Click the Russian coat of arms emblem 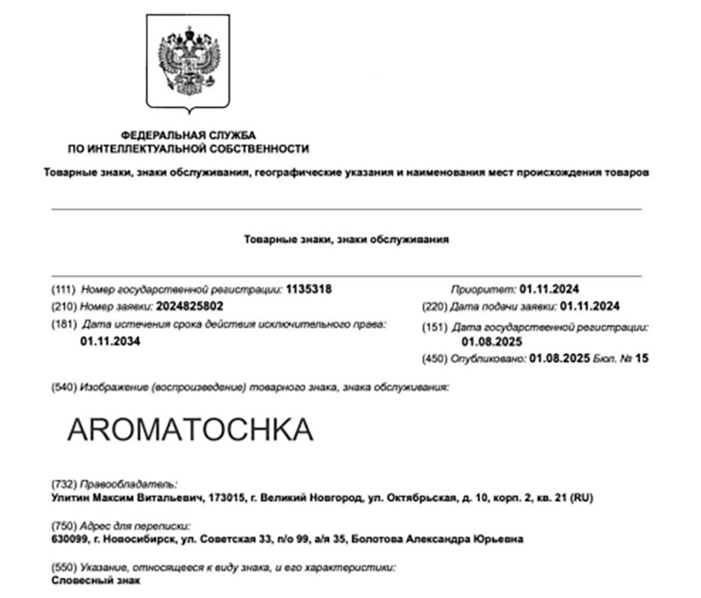(x=188, y=63)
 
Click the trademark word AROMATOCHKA (x=189, y=429)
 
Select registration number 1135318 (x=309, y=288)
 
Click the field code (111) (x=65, y=288)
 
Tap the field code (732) (x=65, y=484)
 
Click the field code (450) (x=435, y=359)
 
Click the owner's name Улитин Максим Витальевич (x=126, y=498)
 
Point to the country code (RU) (x=582, y=498)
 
